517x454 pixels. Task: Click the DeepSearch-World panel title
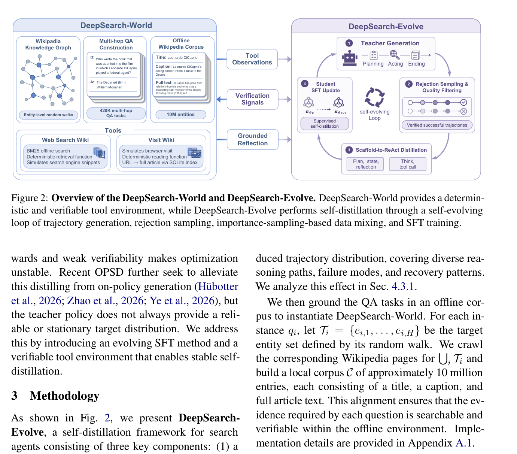click(116, 25)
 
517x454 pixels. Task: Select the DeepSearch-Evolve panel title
click(386, 27)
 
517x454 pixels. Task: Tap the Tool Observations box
click(252, 59)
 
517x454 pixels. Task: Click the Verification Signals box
click(252, 99)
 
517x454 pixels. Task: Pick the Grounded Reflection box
click(253, 139)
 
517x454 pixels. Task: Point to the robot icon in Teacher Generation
click(350, 58)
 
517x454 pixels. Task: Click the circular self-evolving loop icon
click(374, 97)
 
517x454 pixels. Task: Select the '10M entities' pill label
click(181, 114)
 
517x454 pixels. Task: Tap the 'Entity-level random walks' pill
click(48, 115)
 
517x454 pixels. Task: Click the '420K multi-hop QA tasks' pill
click(116, 113)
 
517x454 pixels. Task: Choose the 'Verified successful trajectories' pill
click(437, 125)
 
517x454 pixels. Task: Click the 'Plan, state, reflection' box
click(365, 164)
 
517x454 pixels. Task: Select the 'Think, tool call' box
click(408, 164)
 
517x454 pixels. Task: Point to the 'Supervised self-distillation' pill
click(325, 124)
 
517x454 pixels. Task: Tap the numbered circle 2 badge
click(409, 84)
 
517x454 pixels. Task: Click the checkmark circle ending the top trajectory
click(464, 102)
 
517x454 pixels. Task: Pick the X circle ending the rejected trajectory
click(464, 111)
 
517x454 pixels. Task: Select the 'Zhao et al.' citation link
click(91, 300)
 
